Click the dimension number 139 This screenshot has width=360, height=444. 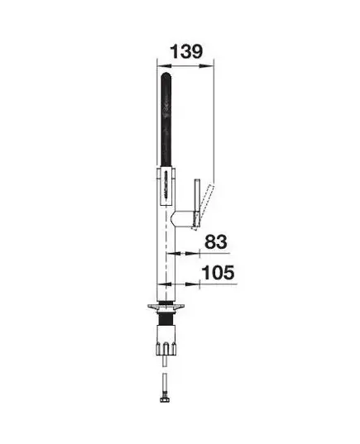[x=186, y=51]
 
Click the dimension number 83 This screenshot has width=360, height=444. [x=216, y=241]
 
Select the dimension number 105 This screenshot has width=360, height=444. [x=218, y=272]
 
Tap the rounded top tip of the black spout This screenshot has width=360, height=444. [x=166, y=74]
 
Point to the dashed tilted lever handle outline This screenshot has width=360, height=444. [x=203, y=207]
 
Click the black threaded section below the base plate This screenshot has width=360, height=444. [x=166, y=317]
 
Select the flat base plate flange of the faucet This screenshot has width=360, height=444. [x=166, y=307]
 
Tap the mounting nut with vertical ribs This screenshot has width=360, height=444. [x=166, y=347]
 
